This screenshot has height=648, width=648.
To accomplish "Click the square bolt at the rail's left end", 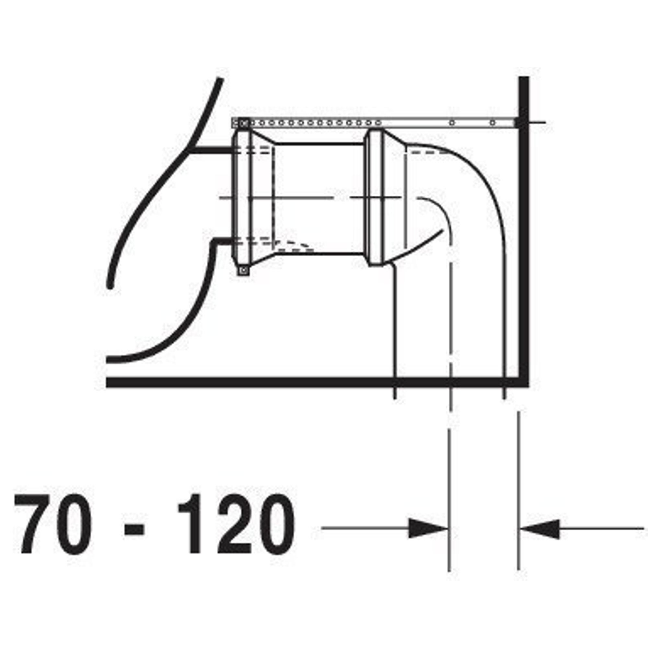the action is (x=244, y=123).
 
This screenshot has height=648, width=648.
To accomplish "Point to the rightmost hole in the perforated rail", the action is (x=492, y=123).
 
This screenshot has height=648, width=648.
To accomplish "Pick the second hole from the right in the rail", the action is (x=452, y=123).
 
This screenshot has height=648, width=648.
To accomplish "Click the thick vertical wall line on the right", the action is (x=524, y=231).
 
